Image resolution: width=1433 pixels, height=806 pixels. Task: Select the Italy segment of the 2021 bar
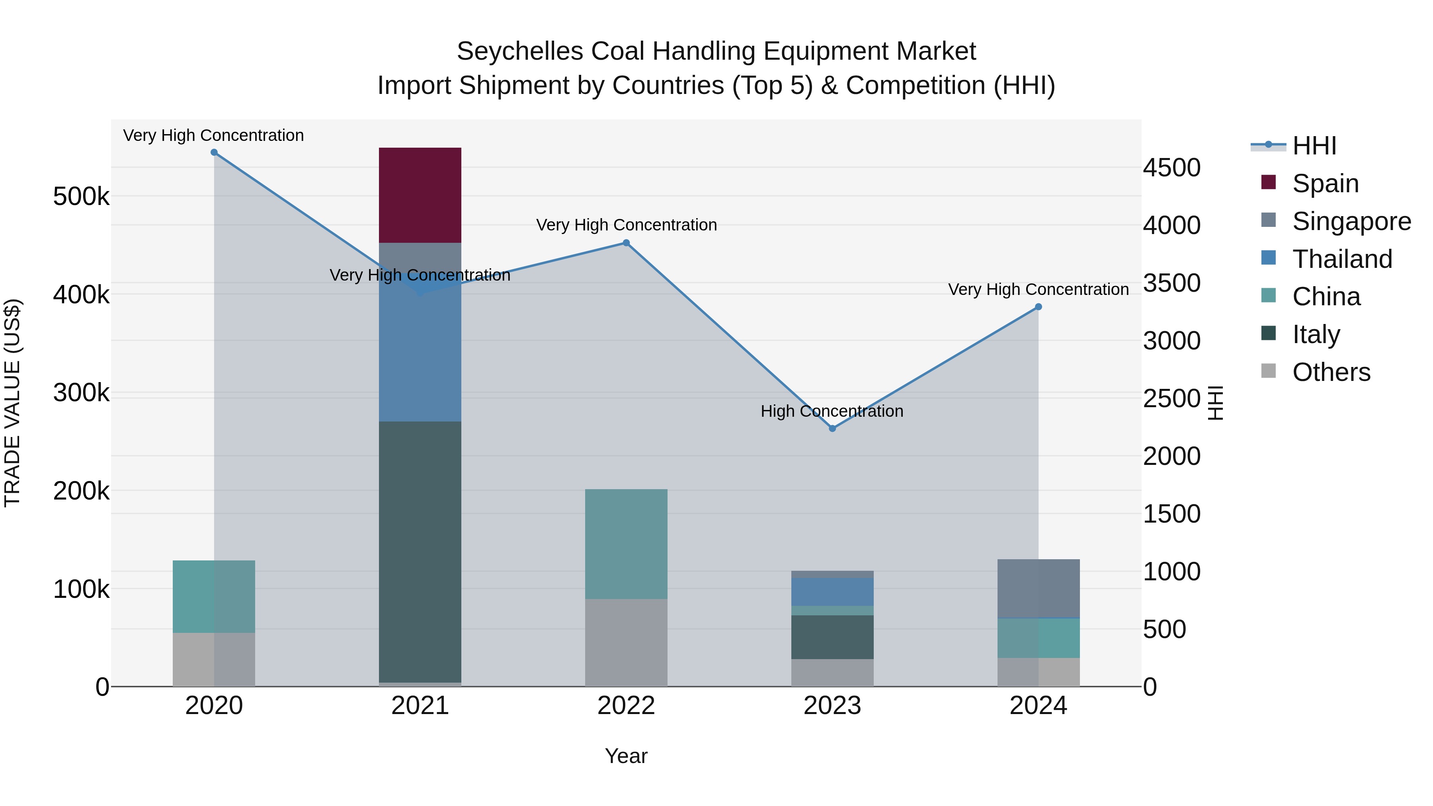420,551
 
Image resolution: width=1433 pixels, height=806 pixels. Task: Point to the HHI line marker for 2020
214,152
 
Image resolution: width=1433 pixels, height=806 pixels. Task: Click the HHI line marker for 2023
832,428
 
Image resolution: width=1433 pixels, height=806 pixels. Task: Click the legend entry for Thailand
1342,259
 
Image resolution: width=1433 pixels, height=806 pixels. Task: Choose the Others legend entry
1331,372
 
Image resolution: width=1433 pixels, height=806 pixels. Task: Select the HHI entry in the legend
1314,146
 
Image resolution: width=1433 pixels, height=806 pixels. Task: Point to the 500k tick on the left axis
81,196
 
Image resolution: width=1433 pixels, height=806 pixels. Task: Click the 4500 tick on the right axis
1171,168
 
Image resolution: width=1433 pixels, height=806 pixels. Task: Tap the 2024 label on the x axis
1038,706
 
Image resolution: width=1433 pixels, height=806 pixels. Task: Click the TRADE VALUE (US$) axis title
12,403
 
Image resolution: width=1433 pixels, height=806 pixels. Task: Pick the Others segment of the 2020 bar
214,659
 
